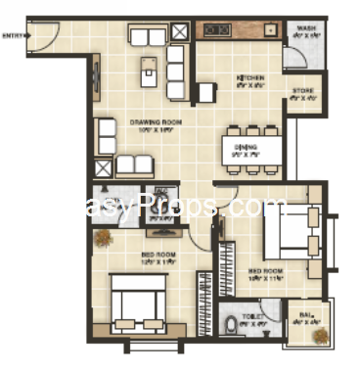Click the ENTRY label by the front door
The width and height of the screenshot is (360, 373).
(14, 36)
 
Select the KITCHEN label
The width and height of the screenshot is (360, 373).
(245, 81)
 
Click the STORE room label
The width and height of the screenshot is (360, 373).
(302, 94)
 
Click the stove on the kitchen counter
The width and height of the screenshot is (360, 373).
(217, 30)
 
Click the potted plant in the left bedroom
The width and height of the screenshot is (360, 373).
(101, 237)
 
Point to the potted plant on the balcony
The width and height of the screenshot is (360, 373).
(318, 336)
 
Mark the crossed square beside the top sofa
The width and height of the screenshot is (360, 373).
(180, 31)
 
